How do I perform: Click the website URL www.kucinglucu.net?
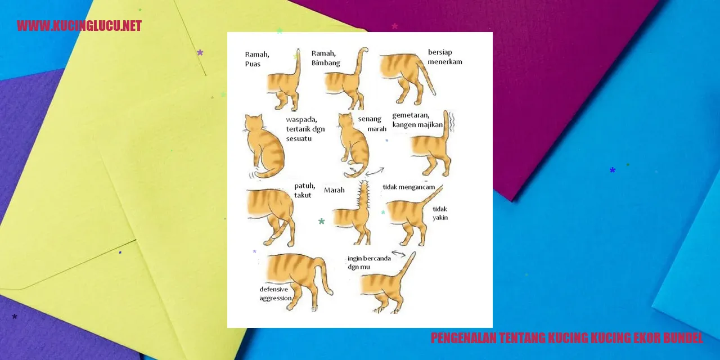point(79,26)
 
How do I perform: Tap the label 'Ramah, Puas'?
point(257,59)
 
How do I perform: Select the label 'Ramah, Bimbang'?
point(326,58)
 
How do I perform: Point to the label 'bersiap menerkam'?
point(445,57)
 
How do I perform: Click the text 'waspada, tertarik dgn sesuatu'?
point(305,129)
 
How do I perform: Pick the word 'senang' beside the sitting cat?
point(370,119)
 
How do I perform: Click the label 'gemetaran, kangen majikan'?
point(417,120)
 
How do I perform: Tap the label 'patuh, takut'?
point(305,191)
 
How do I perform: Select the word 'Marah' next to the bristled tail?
point(334,190)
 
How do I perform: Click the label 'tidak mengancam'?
point(408,187)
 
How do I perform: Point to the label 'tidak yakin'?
point(440,213)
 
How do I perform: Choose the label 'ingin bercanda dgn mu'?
point(369,263)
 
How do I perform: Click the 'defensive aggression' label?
point(276,294)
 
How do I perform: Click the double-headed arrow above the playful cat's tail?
point(399,254)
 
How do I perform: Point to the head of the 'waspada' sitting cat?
point(254,122)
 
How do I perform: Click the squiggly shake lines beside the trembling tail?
point(452,122)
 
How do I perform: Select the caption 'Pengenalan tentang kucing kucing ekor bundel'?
point(566,338)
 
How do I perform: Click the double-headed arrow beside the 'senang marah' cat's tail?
point(375,172)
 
